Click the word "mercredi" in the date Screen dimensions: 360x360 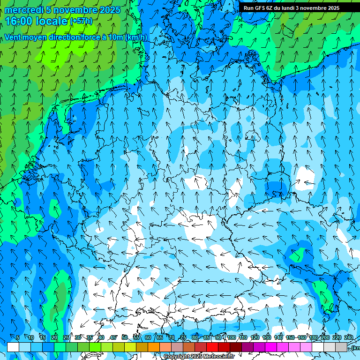pos(23,10)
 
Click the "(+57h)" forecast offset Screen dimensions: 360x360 pos(81,21)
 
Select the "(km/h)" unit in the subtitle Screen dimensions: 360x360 pos(136,37)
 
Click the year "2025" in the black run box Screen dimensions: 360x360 pos(331,8)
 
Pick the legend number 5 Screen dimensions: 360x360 pos(18,337)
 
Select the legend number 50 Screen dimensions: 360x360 pos(124,337)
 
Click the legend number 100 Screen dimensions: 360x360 pos(231,337)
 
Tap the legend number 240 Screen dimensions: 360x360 pos(349,337)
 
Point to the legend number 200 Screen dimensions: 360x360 pos(325,337)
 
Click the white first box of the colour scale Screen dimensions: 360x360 pos(13,347)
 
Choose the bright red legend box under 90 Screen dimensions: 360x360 pos(212,347)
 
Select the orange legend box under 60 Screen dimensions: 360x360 pos(142,347)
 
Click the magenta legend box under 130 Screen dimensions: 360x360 pos(271,347)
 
